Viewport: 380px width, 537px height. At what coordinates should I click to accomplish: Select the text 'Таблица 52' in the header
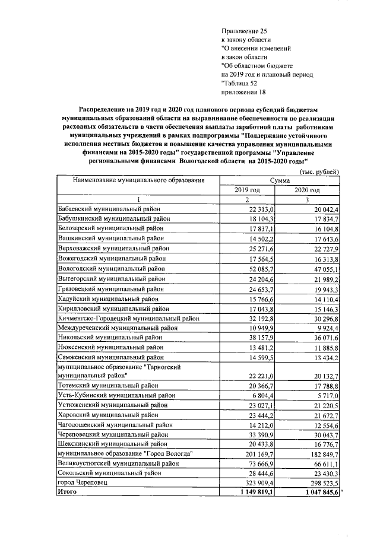(244, 84)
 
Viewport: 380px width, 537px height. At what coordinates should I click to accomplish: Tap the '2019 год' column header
(248, 190)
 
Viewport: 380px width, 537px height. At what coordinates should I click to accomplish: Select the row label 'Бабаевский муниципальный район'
(109, 209)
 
